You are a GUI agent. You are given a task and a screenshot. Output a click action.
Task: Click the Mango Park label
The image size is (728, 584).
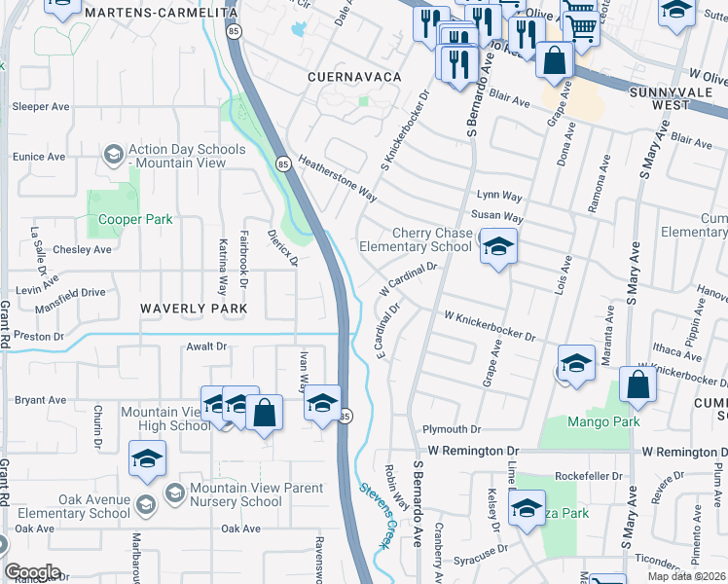(x=603, y=422)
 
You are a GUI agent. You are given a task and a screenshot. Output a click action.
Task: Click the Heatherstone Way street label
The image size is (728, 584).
(x=338, y=179)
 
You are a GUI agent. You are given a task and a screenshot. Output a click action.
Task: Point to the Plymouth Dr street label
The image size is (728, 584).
(x=452, y=429)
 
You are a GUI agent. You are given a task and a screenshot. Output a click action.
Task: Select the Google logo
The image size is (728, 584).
(x=32, y=572)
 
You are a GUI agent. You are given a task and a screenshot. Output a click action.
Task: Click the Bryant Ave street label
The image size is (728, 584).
(x=40, y=399)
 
